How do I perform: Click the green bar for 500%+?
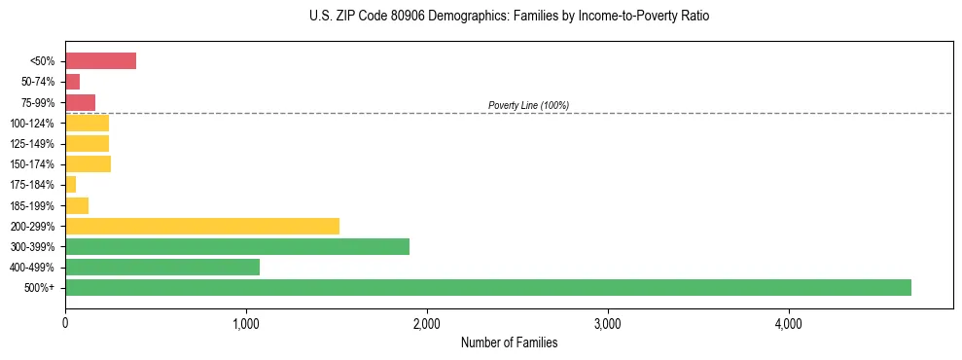[x=487, y=287]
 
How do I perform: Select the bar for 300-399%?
[x=236, y=246]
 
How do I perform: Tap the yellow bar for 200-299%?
[x=201, y=226]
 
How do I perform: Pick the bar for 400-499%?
[x=161, y=267]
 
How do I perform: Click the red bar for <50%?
[x=100, y=61]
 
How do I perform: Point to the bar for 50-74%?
[x=72, y=82]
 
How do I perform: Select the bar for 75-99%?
[x=80, y=102]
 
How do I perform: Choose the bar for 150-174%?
[x=88, y=163]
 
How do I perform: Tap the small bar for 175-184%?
[x=70, y=184]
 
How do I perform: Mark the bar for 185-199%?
[x=77, y=205]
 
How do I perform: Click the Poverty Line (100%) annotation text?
[x=528, y=105]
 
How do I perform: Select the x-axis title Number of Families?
[x=509, y=342]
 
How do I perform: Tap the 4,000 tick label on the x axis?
[x=788, y=322]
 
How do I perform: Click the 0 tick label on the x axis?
[x=65, y=322]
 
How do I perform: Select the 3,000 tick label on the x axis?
[x=607, y=322]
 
